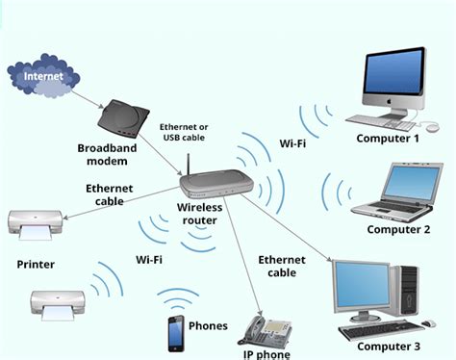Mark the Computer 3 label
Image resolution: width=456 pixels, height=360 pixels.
coord(389,346)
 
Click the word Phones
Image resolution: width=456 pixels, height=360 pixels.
coord(209,325)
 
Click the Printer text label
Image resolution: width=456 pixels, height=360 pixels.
coord(37,263)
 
